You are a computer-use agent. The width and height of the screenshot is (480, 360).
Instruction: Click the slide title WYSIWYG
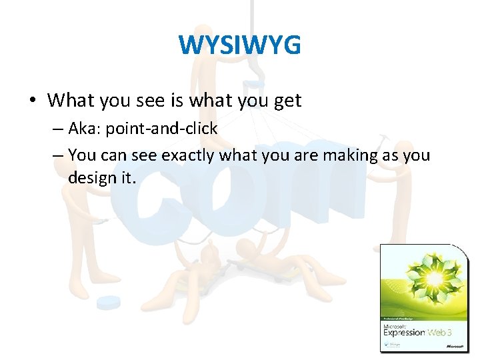point(239,45)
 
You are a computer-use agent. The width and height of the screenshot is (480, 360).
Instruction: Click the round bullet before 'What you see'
point(32,101)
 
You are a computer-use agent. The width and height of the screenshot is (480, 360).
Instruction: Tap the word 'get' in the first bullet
point(287,101)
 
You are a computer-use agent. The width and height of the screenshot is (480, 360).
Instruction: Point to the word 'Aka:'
point(85,129)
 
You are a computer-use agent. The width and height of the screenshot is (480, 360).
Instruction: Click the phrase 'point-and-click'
point(162,129)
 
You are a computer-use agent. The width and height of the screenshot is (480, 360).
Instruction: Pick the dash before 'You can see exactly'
point(57,156)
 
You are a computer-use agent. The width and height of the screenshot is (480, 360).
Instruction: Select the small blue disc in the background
point(108,302)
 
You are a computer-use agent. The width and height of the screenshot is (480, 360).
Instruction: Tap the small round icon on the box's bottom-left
point(386,345)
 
